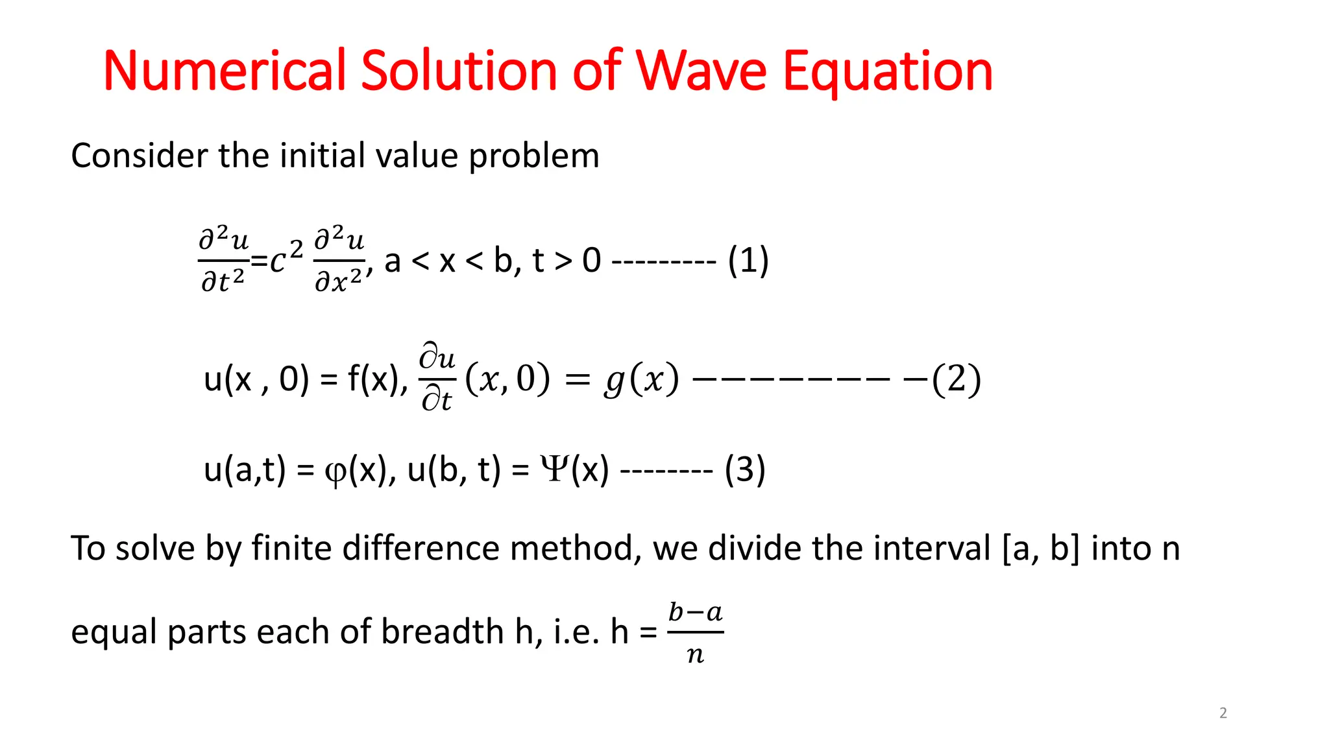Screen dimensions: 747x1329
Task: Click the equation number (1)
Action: [x=748, y=261]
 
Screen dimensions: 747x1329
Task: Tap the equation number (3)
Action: [x=745, y=469]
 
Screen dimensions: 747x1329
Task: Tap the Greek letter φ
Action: [x=335, y=471]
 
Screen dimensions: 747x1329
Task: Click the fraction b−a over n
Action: [x=696, y=632]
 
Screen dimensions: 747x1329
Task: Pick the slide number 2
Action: [x=1223, y=713]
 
